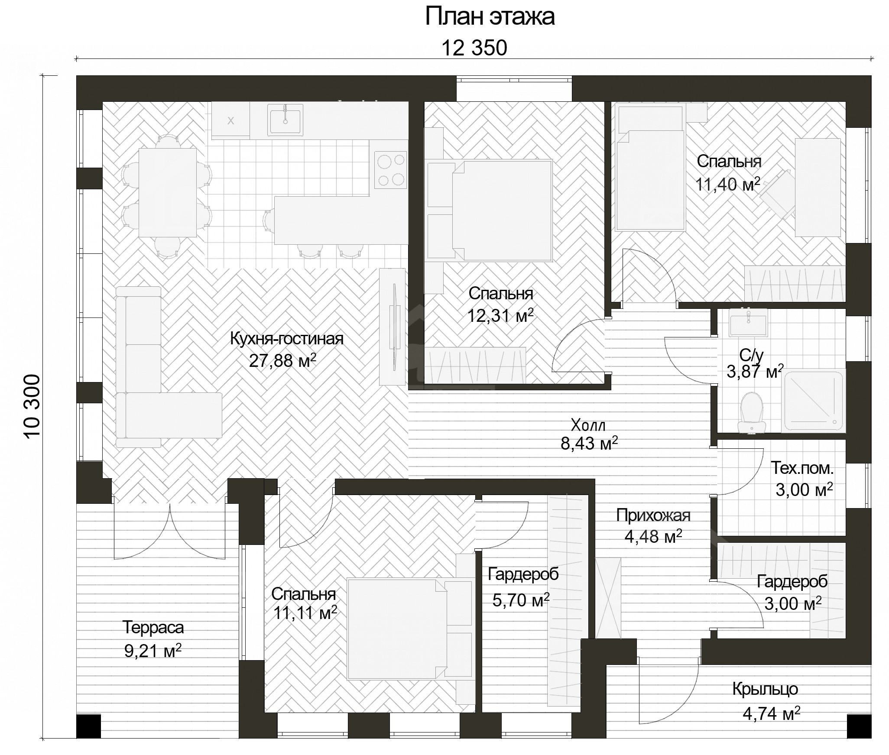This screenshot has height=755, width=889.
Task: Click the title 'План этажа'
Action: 490,17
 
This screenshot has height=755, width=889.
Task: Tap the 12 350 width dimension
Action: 474,48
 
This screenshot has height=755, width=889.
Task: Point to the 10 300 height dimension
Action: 32,408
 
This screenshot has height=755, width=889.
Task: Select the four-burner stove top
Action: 390,170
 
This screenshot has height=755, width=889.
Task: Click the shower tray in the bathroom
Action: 814,401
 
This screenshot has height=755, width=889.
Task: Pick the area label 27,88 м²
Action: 282,360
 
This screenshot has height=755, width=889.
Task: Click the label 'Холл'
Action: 588,425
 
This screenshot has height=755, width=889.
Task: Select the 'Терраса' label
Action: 153,627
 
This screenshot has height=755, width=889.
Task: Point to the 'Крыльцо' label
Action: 765,688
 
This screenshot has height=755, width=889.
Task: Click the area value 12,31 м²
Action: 500,316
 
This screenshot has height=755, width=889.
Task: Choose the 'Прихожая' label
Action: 653,515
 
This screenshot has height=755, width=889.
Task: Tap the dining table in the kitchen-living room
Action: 167,192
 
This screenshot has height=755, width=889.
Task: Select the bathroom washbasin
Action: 748,323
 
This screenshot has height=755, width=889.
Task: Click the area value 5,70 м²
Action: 521,600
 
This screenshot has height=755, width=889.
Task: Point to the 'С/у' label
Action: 752,355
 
